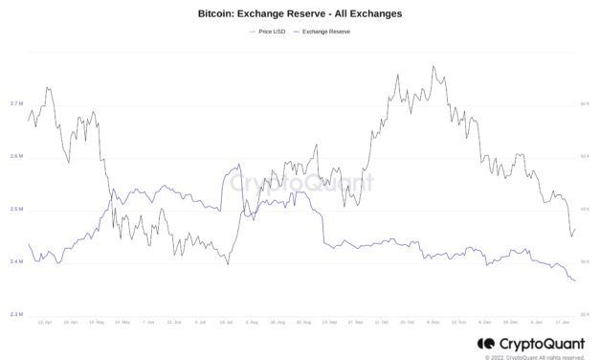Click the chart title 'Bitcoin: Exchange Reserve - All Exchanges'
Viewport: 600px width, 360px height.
coord(300,14)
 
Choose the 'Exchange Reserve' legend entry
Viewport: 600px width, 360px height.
coord(324,33)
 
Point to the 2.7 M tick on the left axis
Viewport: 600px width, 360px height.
coord(16,103)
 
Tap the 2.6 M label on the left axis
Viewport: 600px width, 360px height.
coord(16,156)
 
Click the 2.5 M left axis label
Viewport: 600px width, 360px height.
coord(16,209)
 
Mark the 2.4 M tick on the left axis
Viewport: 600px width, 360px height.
coord(16,261)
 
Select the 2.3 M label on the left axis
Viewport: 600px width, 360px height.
coord(16,314)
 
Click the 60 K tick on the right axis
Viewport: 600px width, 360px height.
coord(584,103)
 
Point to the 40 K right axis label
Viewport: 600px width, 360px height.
coord(584,209)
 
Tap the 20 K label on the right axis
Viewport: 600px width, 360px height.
coord(584,314)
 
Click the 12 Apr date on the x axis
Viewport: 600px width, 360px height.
coord(44,323)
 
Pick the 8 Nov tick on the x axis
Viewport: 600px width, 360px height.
coord(433,323)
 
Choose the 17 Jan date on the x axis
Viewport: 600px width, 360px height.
coord(563,323)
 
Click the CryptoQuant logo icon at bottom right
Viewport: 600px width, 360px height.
coord(483,343)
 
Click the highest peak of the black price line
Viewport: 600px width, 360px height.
coord(433,67)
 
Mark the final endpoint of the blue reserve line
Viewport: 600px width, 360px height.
coord(575,281)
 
